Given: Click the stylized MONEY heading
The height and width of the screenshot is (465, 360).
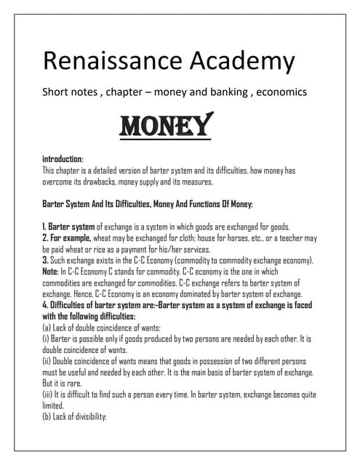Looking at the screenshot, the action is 166,125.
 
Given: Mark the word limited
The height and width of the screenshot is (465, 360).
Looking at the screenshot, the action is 54,406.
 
